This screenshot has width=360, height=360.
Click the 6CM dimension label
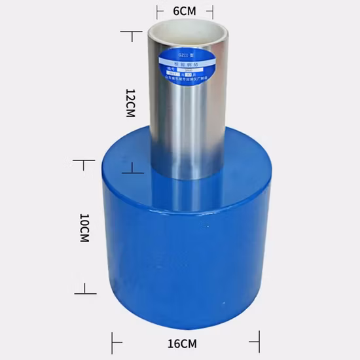184,10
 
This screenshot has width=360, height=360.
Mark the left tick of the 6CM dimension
158,10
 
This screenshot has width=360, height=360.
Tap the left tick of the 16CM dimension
114,341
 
